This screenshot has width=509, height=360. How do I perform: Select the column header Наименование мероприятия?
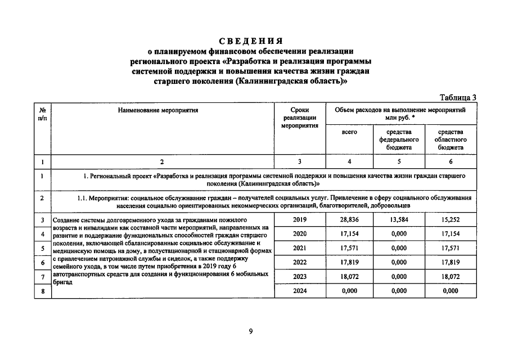[x=158, y=111]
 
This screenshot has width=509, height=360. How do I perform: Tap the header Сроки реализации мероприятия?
[x=300, y=118]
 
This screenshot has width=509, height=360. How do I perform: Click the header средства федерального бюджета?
[x=399, y=139]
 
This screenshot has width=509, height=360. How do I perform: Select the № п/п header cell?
[x=43, y=115]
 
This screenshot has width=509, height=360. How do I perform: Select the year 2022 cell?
[x=300, y=262]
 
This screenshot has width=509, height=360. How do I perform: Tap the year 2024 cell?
[x=300, y=291]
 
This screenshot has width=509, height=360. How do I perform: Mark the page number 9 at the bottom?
[x=251, y=331]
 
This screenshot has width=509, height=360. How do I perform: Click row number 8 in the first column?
[x=43, y=292]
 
